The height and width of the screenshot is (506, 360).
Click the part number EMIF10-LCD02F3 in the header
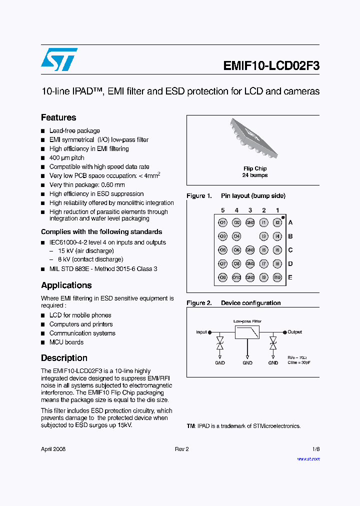click(271, 66)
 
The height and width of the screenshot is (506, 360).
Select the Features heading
click(58, 117)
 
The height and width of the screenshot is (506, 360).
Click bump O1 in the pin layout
click(222, 222)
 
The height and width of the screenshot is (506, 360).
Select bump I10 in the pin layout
click(277, 277)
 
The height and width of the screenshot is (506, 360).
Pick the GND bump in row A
click(250, 222)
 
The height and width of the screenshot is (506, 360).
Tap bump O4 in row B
click(236, 236)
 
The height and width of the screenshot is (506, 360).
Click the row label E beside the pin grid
click(290, 277)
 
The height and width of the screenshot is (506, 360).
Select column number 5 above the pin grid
click(222, 210)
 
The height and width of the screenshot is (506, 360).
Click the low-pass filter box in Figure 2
click(247, 332)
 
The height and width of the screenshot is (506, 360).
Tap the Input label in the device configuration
click(201, 332)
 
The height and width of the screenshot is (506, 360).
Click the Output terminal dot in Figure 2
click(285, 332)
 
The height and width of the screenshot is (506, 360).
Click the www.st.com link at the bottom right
click(308, 458)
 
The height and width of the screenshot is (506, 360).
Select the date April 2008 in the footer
click(53, 449)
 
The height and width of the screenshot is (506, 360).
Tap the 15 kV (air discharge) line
click(86, 250)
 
